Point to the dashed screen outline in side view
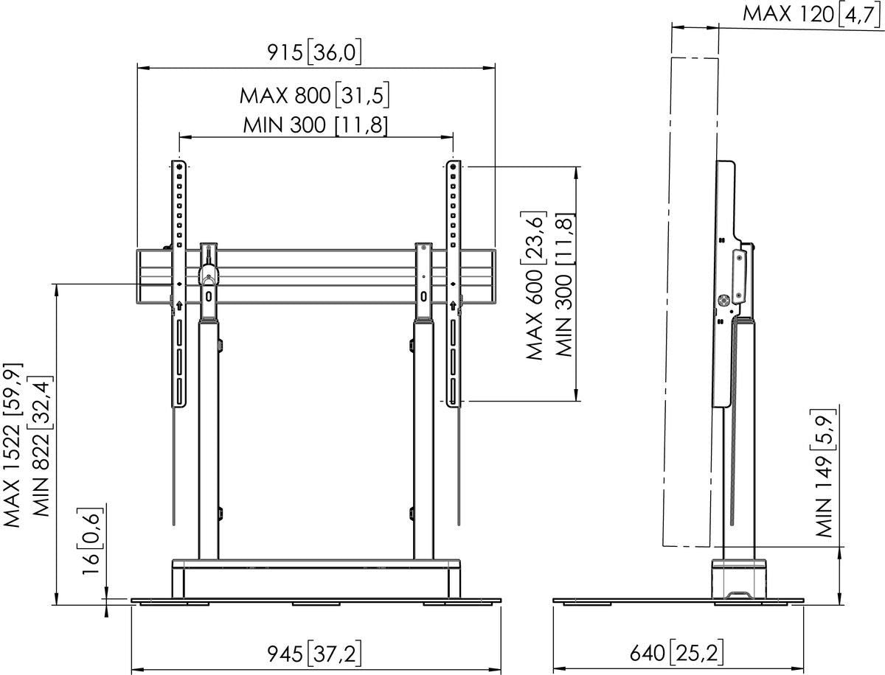(x=692, y=295)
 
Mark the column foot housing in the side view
(x=738, y=579)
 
